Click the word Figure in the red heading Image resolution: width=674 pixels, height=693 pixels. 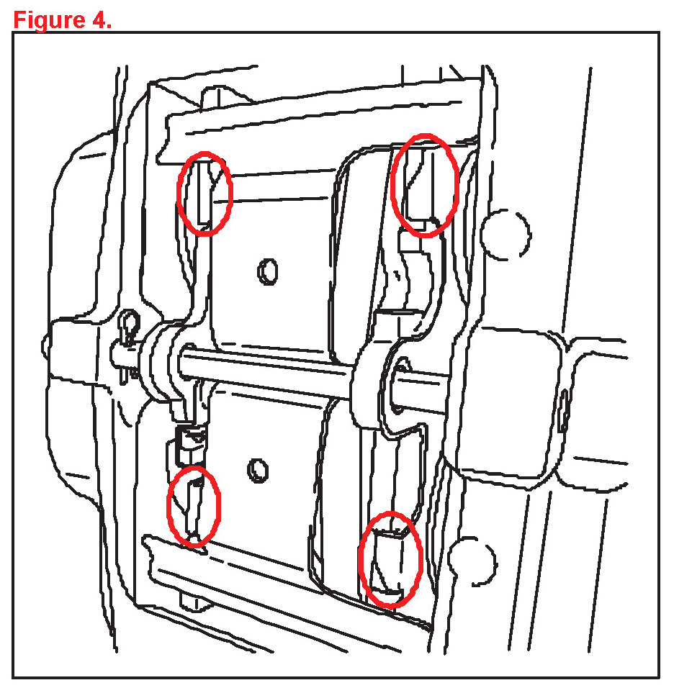[49, 20]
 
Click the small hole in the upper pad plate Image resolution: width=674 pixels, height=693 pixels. [268, 271]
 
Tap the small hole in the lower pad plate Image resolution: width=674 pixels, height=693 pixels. [258, 470]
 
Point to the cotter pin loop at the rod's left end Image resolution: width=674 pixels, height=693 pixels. [129, 321]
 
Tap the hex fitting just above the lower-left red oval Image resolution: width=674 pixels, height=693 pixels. [191, 443]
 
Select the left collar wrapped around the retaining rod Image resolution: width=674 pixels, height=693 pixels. [155, 363]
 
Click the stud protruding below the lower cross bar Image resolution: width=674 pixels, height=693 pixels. [194, 601]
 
